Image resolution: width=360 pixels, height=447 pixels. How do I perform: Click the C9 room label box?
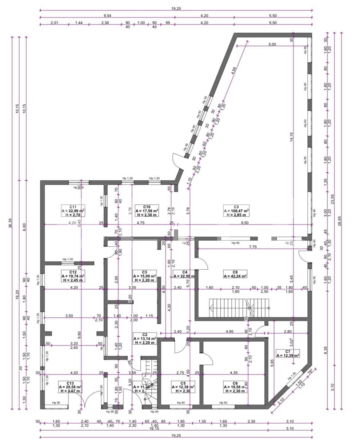click(x=236, y=211)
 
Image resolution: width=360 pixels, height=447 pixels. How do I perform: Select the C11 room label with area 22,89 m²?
click(x=73, y=211)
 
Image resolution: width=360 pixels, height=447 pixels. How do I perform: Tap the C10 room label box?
click(x=146, y=211)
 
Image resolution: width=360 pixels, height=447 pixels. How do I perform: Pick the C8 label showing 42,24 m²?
click(x=235, y=274)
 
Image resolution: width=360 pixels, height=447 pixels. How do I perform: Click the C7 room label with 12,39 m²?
click(x=288, y=353)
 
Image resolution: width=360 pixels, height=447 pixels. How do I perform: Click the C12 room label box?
click(x=73, y=276)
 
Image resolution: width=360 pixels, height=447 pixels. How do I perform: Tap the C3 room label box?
click(x=145, y=276)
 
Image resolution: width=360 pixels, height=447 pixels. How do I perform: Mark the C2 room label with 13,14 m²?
click(x=145, y=338)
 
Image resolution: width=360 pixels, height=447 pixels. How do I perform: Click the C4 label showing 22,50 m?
click(x=184, y=274)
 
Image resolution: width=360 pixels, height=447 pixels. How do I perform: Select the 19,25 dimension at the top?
click(x=176, y=9)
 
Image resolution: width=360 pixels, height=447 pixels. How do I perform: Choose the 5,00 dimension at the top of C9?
click(x=272, y=44)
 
